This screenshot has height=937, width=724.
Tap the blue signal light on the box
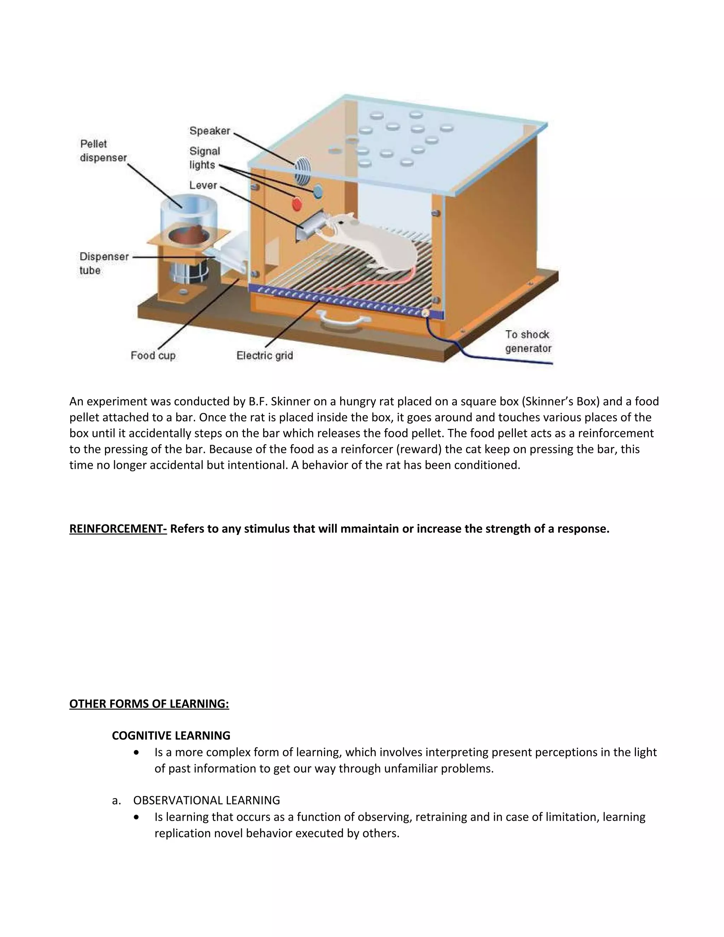point(318,192)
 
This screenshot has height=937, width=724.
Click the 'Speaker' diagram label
point(210,131)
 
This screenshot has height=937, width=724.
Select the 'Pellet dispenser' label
point(103,151)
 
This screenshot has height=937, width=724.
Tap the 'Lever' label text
point(203,185)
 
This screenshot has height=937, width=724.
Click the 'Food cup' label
point(153,355)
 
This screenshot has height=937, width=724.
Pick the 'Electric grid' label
point(265,355)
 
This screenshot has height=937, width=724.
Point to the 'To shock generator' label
point(527,342)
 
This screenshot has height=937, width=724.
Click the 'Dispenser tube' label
point(104,263)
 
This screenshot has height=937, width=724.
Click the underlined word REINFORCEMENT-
point(118,529)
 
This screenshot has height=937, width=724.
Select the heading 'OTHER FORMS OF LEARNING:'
point(149,704)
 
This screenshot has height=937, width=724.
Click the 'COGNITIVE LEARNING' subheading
point(171,735)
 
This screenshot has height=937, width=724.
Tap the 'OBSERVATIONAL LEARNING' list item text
point(206,800)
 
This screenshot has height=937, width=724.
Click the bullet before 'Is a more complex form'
point(136,752)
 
